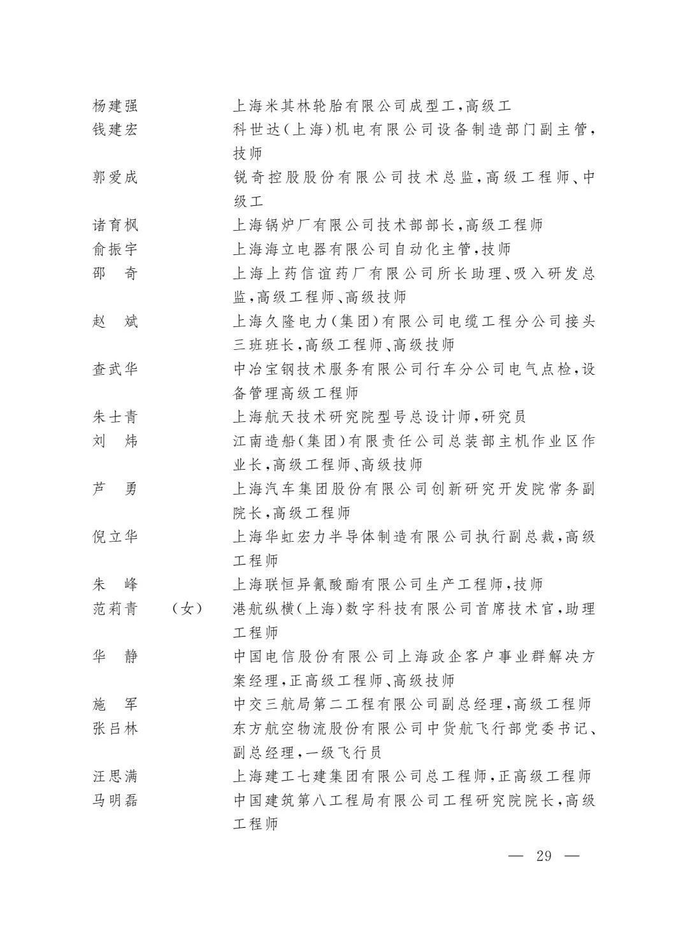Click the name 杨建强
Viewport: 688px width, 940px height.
click(115, 106)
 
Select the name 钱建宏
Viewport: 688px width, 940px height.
click(115, 130)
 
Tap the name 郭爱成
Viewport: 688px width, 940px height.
click(115, 178)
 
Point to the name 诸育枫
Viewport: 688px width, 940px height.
click(115, 226)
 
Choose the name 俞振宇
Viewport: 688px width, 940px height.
click(115, 249)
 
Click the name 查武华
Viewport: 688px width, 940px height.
click(115, 369)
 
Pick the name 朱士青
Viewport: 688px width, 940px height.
click(115, 417)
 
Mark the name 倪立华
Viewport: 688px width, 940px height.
click(115, 537)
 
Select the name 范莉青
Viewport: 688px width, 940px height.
click(115, 609)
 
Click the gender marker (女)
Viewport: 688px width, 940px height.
click(187, 609)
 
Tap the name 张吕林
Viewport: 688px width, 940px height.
click(115, 728)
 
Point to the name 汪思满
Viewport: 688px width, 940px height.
click(115, 776)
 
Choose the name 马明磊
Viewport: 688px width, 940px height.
click(115, 800)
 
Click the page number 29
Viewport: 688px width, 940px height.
click(544, 855)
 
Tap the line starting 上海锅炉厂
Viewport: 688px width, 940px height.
click(387, 226)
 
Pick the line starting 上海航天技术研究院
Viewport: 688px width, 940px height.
click(379, 417)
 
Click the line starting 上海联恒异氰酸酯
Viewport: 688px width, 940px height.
click(387, 584)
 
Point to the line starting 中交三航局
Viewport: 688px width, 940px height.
click(412, 704)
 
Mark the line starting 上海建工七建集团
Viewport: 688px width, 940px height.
click(412, 776)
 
